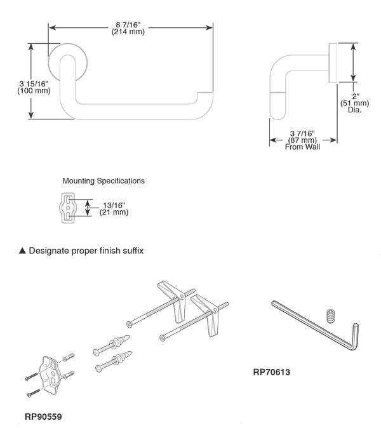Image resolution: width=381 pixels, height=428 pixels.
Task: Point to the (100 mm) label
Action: (33, 91)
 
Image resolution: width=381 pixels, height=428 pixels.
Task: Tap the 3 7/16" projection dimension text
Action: (302, 132)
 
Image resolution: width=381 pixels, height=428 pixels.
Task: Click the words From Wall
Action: (302, 146)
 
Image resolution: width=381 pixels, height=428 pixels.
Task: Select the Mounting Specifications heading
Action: (104, 181)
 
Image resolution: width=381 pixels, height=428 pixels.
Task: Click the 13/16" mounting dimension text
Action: (114, 204)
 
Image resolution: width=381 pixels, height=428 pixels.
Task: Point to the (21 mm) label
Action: (114, 212)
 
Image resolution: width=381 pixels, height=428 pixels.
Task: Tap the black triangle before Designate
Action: (22, 251)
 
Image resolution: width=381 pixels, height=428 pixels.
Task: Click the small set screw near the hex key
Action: (330, 315)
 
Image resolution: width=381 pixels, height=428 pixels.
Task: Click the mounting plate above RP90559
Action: (49, 371)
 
